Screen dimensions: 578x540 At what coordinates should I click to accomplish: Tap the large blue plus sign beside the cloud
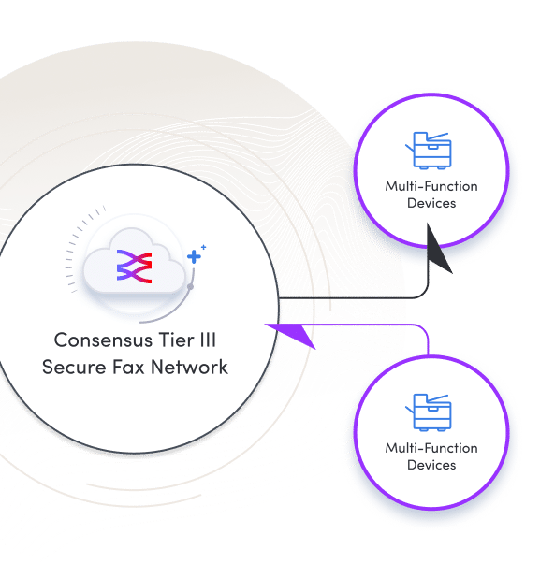195,255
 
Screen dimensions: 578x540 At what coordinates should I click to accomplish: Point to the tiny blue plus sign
204,246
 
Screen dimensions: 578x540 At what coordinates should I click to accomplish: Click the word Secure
72,367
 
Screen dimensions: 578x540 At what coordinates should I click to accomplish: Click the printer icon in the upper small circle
431,150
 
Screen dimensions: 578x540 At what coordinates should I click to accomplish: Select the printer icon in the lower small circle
431,412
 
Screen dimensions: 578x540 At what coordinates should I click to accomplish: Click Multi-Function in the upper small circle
431,186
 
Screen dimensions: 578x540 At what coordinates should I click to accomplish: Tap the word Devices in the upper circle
431,203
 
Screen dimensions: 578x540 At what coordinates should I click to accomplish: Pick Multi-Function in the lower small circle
431,448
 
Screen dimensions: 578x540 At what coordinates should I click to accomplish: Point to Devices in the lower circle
431,465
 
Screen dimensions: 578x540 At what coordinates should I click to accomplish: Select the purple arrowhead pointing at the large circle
290,333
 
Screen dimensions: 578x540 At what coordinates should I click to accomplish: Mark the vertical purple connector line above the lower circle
430,341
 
